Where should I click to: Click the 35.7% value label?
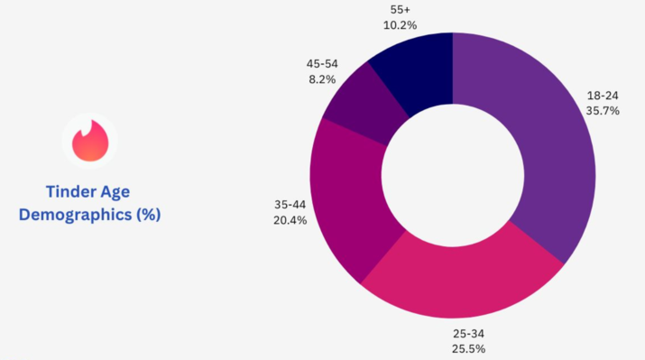tap(603, 111)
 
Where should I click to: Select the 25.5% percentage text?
tap(468, 349)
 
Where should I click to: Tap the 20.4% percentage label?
tap(290, 220)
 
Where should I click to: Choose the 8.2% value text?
tap(322, 79)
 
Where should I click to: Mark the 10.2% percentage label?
tap(400, 25)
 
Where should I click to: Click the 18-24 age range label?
tap(603, 96)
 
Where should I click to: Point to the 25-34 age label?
tap(468, 333)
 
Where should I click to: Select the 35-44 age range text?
tap(290, 205)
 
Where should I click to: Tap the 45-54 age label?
tap(322, 64)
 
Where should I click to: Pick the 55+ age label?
tap(400, 9)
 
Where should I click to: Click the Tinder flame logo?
tap(90, 141)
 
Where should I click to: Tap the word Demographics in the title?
tap(75, 215)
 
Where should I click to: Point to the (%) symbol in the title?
tap(149, 215)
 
